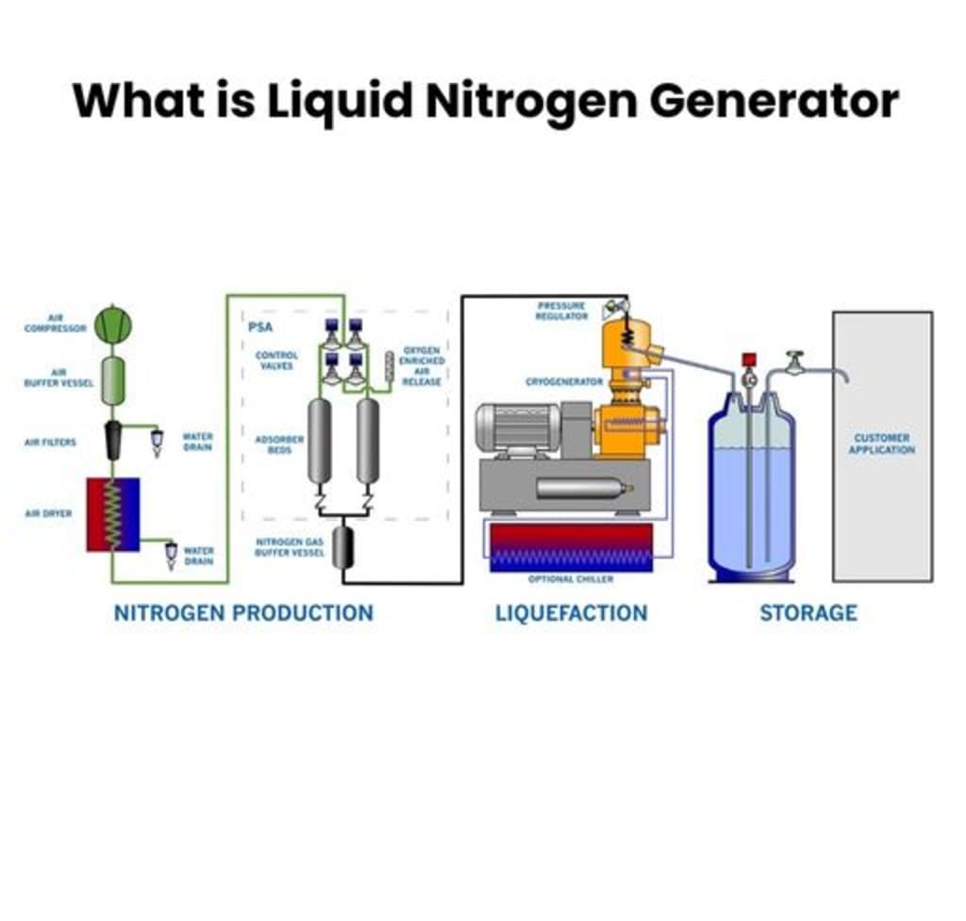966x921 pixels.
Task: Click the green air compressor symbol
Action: tap(113, 326)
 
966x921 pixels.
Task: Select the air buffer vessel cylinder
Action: tap(113, 379)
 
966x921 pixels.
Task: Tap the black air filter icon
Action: tap(113, 441)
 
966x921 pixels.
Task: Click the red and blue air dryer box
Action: tap(113, 514)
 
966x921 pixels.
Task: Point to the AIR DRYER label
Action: tap(48, 514)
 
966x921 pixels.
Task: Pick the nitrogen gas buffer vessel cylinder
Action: tap(342, 547)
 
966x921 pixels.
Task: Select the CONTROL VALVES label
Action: tap(277, 360)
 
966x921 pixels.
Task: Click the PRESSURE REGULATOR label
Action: tap(561, 311)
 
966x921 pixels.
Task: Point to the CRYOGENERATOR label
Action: tap(564, 382)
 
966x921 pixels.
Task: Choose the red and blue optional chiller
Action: tap(571, 547)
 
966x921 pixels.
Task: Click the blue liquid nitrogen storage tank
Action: tap(751, 495)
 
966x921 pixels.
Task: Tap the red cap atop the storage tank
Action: tap(750, 360)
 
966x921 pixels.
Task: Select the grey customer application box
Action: tap(882, 445)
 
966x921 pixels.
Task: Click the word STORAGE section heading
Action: tap(808, 613)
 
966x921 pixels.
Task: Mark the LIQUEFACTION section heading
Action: tap(572, 613)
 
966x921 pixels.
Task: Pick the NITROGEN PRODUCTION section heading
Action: tap(243, 613)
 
